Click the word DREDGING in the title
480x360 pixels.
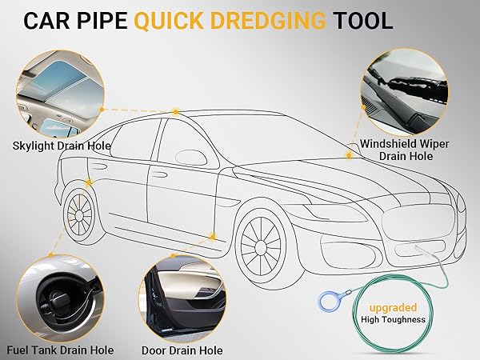pyautogui.click(x=268, y=21)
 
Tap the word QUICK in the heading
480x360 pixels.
pyautogui.click(x=169, y=21)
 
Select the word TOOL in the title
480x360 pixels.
pyautogui.click(x=362, y=21)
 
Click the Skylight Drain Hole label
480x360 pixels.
pyautogui.click(x=62, y=146)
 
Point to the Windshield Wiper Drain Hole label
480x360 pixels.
pyautogui.click(x=405, y=150)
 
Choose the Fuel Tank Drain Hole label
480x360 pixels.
pyautogui.click(x=60, y=350)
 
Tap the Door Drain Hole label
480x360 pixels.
pyautogui.click(x=182, y=350)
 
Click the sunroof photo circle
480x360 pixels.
pyautogui.click(x=60, y=94)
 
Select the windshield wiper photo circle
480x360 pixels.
pyautogui.click(x=404, y=93)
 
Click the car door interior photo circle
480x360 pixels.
pyautogui.click(x=182, y=299)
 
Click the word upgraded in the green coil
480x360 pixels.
pyautogui.click(x=393, y=307)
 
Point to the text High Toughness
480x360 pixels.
pyautogui.click(x=393, y=319)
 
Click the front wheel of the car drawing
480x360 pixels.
pyautogui.click(x=261, y=246)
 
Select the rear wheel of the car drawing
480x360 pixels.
pyautogui.click(x=79, y=215)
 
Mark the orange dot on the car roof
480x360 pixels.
pyautogui.click(x=176, y=112)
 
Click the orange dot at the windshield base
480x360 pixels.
pyautogui.click(x=349, y=155)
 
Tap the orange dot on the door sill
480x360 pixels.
pyautogui.click(x=213, y=237)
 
